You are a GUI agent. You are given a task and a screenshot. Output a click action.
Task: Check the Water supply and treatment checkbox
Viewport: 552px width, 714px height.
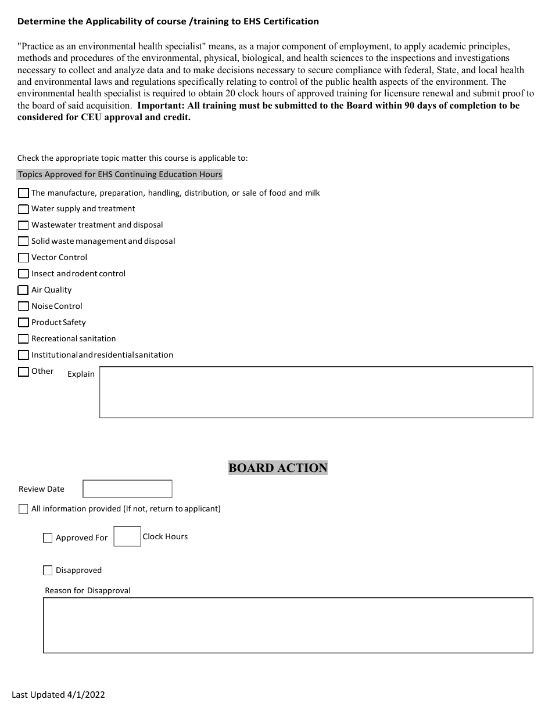[x=23, y=209]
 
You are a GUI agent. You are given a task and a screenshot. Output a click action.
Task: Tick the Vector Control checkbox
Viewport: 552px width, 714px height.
[x=23, y=258]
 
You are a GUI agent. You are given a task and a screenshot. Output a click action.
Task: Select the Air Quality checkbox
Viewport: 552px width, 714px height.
[x=23, y=290]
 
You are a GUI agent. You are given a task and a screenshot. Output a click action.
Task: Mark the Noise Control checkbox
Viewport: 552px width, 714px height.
[x=23, y=306]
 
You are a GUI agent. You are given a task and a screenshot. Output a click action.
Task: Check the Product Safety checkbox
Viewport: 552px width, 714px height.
[x=23, y=323]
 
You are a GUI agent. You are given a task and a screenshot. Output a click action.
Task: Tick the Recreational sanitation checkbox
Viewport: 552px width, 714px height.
[x=23, y=339]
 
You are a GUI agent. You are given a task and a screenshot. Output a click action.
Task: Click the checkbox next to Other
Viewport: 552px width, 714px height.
[x=23, y=372]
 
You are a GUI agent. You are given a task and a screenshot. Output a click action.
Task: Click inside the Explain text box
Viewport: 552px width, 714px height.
[x=316, y=392]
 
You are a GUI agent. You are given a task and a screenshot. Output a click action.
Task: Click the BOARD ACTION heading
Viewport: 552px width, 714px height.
[x=278, y=468]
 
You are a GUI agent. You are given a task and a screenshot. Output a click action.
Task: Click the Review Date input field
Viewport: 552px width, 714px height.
[x=127, y=489]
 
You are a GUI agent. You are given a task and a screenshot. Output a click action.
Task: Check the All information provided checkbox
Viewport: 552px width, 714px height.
[x=23, y=509]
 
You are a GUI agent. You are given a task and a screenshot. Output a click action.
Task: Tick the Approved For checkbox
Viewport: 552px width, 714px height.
[x=48, y=538]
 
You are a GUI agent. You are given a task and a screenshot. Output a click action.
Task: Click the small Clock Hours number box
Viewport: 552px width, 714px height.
[x=127, y=536]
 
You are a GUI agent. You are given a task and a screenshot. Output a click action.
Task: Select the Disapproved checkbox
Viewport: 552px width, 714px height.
[x=48, y=571]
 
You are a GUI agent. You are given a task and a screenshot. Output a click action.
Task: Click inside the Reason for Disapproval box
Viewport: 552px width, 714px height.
[x=288, y=626]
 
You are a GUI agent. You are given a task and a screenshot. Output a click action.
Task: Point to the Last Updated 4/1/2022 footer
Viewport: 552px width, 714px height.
[x=59, y=694]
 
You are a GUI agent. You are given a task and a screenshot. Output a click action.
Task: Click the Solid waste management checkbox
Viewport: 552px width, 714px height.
[x=23, y=241]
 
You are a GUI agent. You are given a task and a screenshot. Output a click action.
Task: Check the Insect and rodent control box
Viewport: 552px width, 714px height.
[x=23, y=274]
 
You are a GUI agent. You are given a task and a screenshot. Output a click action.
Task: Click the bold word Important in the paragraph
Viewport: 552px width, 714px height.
[x=160, y=106]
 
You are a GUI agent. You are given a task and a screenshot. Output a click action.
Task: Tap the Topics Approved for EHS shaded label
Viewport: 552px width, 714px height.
[x=120, y=174]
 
